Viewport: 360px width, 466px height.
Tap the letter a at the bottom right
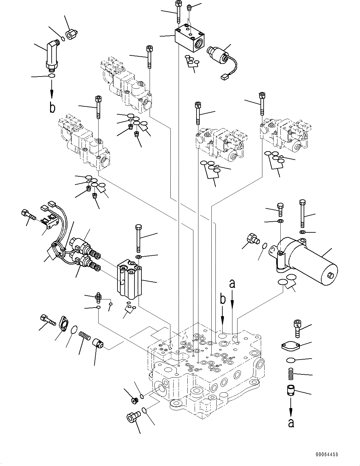(x=291, y=423)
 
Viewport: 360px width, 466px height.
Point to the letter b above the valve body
(x=223, y=299)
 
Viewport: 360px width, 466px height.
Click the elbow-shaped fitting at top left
(x=52, y=55)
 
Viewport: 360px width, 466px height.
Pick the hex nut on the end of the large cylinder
(x=330, y=275)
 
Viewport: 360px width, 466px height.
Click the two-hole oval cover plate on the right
(x=290, y=347)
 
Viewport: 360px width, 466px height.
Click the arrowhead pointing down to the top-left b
(x=52, y=94)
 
